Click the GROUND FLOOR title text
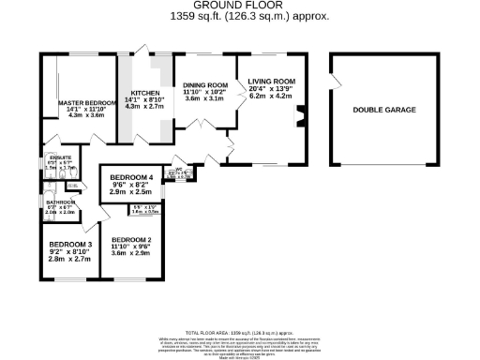[x=239, y=6]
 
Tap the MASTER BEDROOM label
[x=80, y=102]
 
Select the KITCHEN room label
[x=145, y=93]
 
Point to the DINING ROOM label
[x=205, y=82]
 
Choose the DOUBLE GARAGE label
[x=384, y=110]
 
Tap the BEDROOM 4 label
[x=130, y=178]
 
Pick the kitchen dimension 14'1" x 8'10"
[x=145, y=101]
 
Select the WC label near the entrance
[x=175, y=171]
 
